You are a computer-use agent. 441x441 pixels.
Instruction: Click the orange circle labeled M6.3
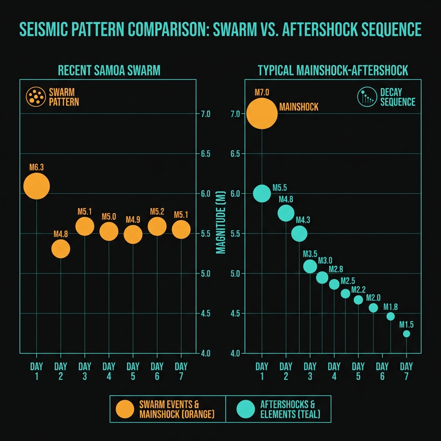point(37,186)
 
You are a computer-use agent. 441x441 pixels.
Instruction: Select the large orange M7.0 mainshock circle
point(262,114)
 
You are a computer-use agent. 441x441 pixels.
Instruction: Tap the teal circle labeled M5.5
point(262,193)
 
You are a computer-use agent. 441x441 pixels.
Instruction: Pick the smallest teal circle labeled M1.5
point(406,334)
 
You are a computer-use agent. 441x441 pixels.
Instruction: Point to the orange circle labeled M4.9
point(133,235)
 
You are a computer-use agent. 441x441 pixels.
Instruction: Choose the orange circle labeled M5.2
point(157,227)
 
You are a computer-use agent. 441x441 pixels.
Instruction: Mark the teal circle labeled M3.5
point(310,267)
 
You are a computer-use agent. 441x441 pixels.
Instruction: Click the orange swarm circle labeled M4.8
point(61,248)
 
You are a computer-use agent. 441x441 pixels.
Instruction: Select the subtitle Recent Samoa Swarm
point(109,70)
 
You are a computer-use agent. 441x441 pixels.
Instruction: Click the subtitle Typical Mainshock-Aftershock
point(333,70)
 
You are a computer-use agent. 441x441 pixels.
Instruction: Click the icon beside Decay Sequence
point(366,97)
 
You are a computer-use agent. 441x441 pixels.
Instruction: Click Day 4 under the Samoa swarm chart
point(109,371)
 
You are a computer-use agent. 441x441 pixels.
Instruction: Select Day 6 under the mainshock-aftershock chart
point(382,371)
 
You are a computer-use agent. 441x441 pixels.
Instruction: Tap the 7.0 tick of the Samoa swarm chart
point(205,114)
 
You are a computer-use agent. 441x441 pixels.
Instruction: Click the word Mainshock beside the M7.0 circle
point(299,107)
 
